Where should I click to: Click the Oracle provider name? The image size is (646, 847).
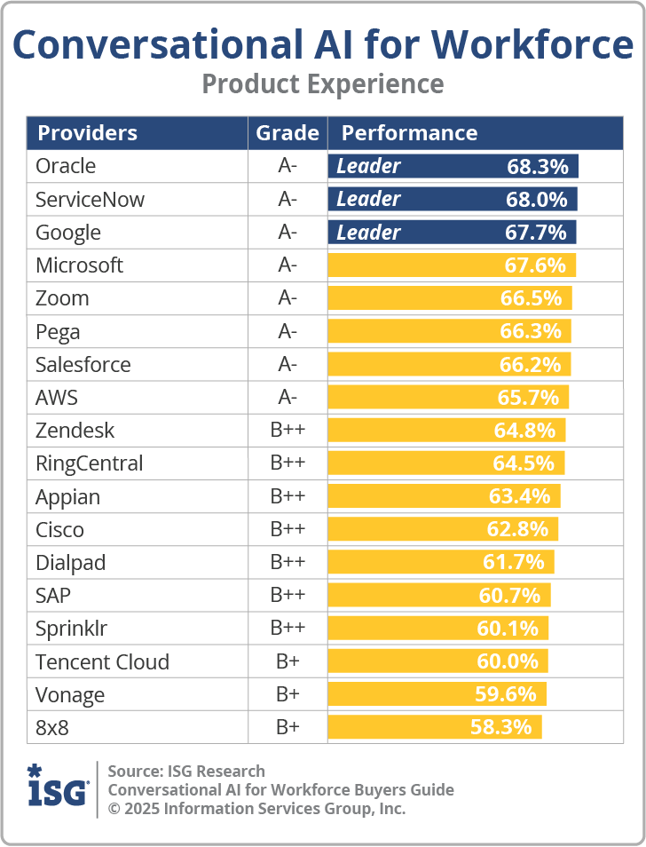tap(66, 166)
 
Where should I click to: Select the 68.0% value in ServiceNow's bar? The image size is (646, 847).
tap(537, 200)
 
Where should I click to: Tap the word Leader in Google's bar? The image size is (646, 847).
tap(368, 233)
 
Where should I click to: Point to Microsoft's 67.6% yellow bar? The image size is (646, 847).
tap(452, 265)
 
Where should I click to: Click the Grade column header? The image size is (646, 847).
tap(288, 133)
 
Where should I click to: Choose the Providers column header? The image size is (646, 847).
tap(88, 133)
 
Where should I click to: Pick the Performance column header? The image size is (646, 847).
tap(410, 133)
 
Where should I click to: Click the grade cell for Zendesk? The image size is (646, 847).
tap(288, 430)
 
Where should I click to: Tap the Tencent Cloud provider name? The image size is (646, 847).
tap(103, 661)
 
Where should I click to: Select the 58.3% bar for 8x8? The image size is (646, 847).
tap(435, 727)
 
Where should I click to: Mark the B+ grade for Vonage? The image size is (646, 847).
tap(288, 694)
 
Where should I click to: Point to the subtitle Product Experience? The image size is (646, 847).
tap(323, 84)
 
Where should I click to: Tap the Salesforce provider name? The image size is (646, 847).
tap(83, 365)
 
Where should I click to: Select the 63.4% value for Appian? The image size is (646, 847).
tap(519, 496)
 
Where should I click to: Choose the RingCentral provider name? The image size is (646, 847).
tap(89, 463)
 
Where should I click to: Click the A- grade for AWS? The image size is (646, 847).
tap(288, 398)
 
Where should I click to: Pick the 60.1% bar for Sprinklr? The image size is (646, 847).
tap(437, 629)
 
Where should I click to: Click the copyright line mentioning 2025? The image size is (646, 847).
tap(256, 809)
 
